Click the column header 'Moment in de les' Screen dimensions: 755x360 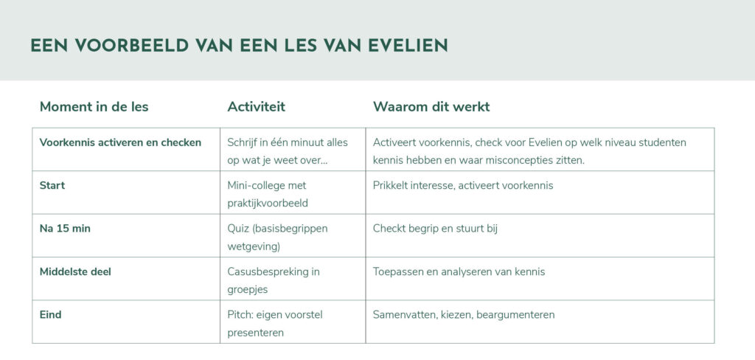click(x=94, y=106)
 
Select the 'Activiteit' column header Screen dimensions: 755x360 click(x=256, y=106)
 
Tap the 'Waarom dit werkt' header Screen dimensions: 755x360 click(x=431, y=106)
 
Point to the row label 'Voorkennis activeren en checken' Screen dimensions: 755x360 click(x=120, y=142)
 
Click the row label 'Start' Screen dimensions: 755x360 click(x=52, y=186)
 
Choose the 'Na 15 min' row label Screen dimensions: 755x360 click(x=65, y=229)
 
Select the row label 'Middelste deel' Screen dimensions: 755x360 click(x=75, y=271)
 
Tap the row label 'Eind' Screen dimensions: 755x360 click(x=51, y=315)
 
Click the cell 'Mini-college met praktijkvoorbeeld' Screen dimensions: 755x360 click(x=268, y=194)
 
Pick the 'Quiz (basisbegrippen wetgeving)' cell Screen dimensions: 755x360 click(x=277, y=237)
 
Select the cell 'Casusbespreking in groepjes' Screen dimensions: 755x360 click(x=274, y=280)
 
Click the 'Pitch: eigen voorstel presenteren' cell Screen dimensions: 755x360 click(x=275, y=323)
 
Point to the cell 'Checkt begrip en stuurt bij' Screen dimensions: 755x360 click(x=435, y=229)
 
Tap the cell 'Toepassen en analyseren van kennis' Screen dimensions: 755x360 click(x=459, y=271)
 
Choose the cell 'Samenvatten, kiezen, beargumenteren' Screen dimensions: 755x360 click(x=464, y=315)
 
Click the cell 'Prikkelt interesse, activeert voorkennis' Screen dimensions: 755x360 click(x=463, y=186)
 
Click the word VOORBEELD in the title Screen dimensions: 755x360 click(x=131, y=45)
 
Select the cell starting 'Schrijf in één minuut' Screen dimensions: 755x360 click(x=288, y=151)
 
